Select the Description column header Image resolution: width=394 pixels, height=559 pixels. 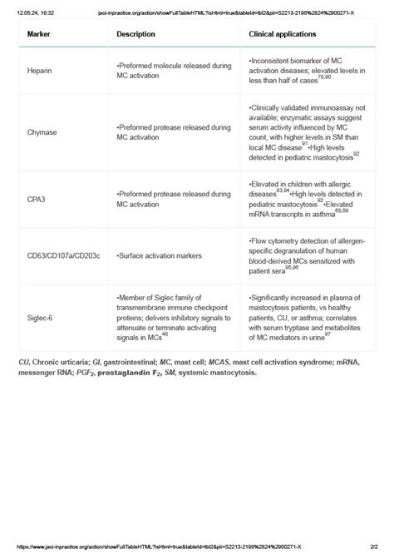pyautogui.click(x=136, y=35)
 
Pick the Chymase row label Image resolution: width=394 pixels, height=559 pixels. pyautogui.click(x=43, y=131)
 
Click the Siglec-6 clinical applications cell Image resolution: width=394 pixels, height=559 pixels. pyautogui.click(x=305, y=317)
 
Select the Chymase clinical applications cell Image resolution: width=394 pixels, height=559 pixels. pyautogui.click(x=305, y=131)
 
